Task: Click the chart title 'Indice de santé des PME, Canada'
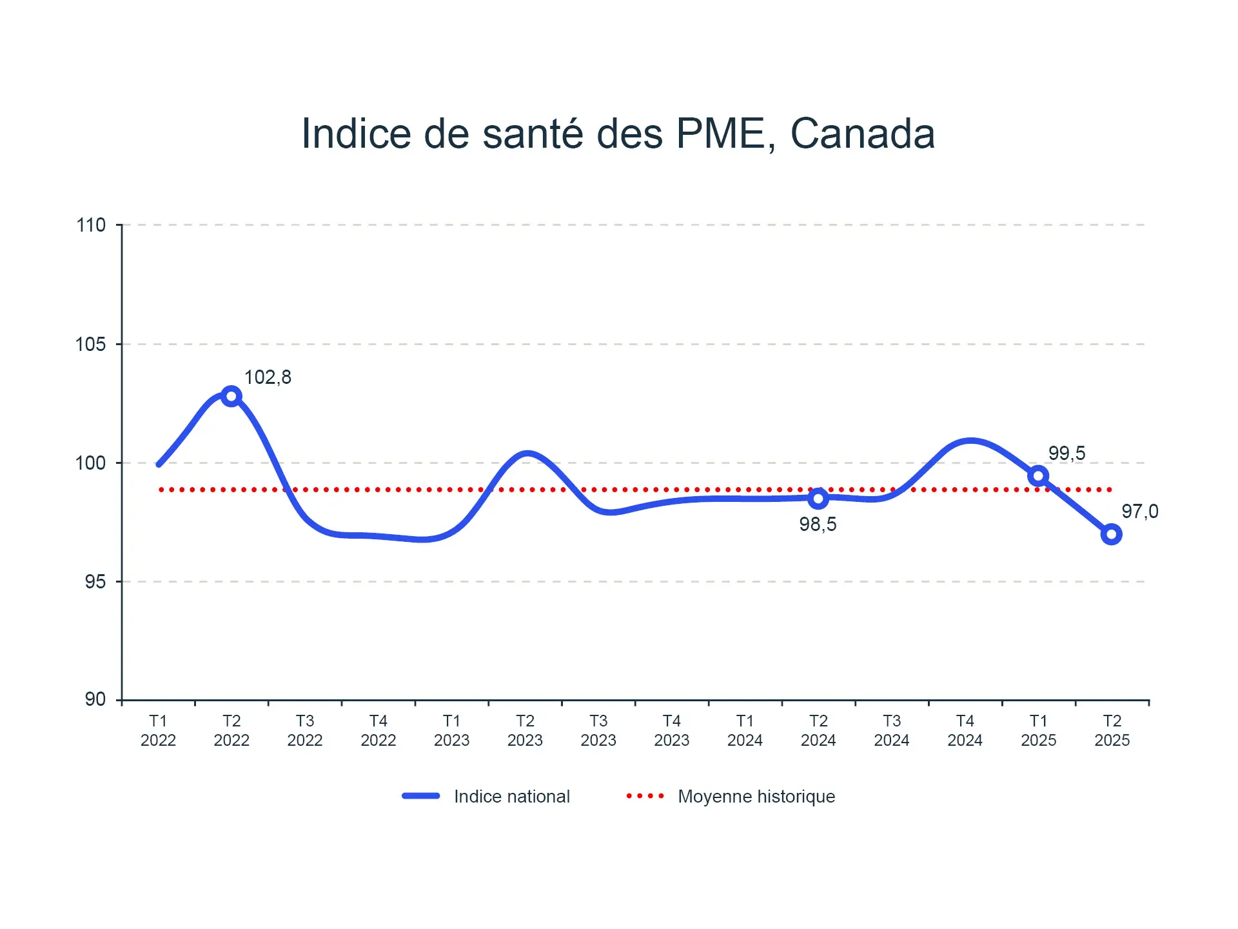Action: tap(618, 134)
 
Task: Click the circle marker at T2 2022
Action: tap(231, 396)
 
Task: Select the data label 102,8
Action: tap(268, 377)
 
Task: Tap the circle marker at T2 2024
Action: tap(818, 498)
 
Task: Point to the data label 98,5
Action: tap(818, 524)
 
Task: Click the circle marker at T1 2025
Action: tap(1038, 476)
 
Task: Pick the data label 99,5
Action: tap(1066, 454)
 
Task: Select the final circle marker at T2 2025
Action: tap(1112, 534)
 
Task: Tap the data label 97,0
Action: tap(1139, 512)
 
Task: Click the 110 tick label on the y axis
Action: tap(91, 225)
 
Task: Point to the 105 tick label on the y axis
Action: tap(91, 345)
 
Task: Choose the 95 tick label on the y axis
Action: tap(95, 582)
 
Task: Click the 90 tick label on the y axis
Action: tap(95, 699)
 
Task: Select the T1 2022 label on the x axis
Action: tap(158, 730)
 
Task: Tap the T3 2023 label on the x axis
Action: tap(598, 730)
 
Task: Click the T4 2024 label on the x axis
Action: tap(965, 730)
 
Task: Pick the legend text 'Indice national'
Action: tap(512, 797)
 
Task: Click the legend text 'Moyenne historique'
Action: tap(756, 797)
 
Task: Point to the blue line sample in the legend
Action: tap(421, 796)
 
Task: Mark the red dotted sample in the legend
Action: tap(645, 796)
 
